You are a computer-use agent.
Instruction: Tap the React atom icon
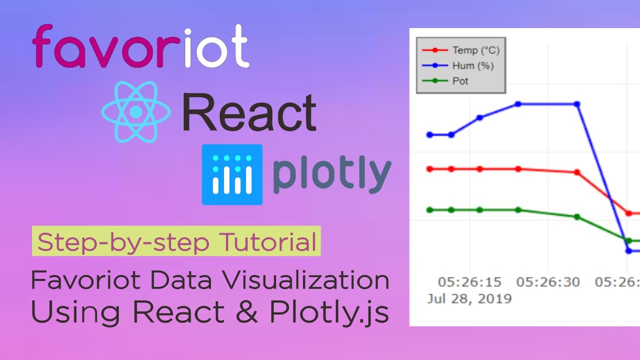[x=136, y=112]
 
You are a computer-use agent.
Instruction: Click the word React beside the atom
[x=249, y=113]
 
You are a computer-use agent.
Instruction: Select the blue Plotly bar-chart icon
[x=232, y=174]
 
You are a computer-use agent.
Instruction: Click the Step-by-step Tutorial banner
[x=176, y=242]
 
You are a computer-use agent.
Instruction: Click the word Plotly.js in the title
[x=329, y=312]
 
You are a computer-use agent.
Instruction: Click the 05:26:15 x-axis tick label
[x=469, y=282]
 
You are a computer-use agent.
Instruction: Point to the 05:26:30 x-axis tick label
[x=548, y=282]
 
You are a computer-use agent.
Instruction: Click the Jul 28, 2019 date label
[x=469, y=299]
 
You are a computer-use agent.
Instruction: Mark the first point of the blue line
[x=429, y=134]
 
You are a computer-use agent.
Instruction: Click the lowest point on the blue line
[x=629, y=251]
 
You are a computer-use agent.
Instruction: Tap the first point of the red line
[x=429, y=169]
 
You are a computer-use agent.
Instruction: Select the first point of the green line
[x=429, y=210]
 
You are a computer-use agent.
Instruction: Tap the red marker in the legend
[x=434, y=50]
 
